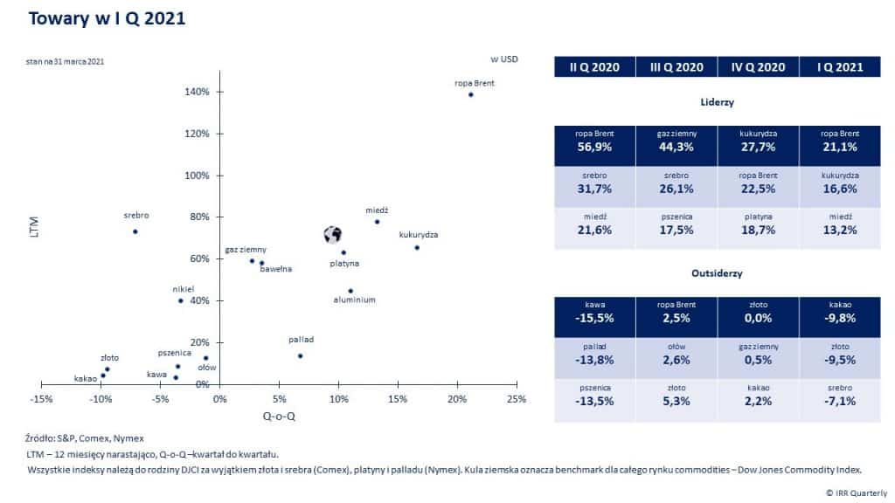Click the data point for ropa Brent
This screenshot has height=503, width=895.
tap(470, 94)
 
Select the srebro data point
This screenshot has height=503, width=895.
tap(135, 231)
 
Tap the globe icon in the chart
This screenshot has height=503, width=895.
tap(332, 234)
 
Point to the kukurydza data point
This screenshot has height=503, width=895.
tap(417, 248)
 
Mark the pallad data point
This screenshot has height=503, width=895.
tap(300, 355)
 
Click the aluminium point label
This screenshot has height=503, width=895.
tap(354, 300)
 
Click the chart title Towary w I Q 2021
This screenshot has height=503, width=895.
tap(107, 19)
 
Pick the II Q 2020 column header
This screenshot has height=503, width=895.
tap(594, 67)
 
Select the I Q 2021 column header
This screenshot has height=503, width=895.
tap(840, 67)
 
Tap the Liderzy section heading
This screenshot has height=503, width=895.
tap(717, 102)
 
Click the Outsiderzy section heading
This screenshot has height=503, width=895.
tap(717, 273)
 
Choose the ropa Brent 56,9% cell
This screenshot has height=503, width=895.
tap(594, 141)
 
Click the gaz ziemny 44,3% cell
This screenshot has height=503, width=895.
tap(676, 141)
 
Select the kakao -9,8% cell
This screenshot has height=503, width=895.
tap(840, 312)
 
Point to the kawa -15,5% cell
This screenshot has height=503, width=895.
tap(594, 312)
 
